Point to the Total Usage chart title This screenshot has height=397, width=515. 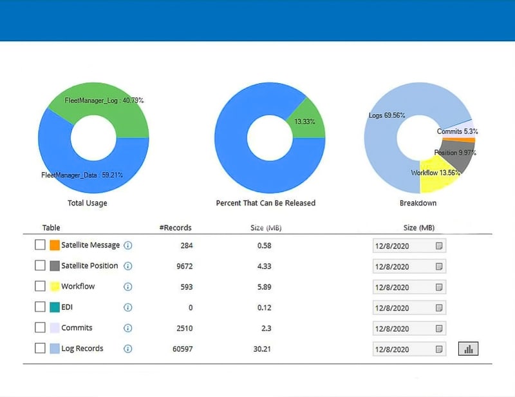88,203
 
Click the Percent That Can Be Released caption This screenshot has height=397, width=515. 266,203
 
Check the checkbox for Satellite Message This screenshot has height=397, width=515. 40,245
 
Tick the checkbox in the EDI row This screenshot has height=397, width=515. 40,307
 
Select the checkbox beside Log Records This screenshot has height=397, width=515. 40,348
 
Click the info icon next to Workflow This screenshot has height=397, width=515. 127,287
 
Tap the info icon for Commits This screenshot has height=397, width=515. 127,328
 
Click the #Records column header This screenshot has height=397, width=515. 175,228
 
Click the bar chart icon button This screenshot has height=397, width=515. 468,349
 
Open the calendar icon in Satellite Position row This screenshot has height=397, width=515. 439,266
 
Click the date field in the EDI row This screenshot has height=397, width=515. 402,308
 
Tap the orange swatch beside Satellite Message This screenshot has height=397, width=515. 55,245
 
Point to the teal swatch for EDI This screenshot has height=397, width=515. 55,307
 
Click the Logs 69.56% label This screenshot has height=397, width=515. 387,115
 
